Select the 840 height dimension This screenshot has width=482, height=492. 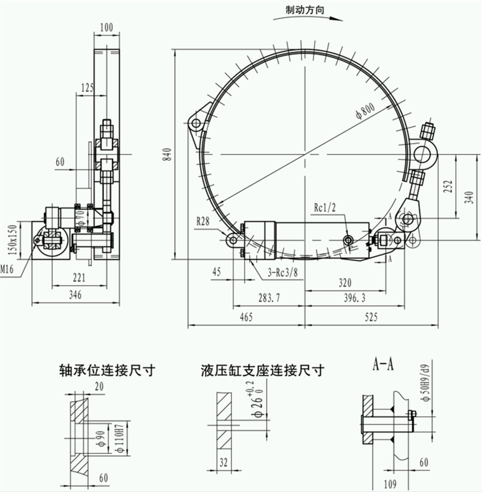[x=166, y=154]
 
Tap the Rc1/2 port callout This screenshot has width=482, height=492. [x=325, y=208]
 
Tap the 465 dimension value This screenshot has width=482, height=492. [x=246, y=318]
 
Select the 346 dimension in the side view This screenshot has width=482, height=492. [x=75, y=295]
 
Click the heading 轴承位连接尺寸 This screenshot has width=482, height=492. [x=107, y=371]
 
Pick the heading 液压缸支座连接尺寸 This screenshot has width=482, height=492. [x=262, y=371]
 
